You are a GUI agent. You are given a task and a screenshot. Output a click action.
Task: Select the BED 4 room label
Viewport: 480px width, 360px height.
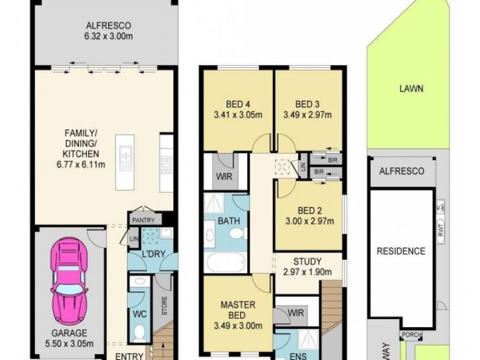tap(238, 101)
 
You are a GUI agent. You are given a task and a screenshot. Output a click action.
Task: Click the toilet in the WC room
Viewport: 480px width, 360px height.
tap(139, 331)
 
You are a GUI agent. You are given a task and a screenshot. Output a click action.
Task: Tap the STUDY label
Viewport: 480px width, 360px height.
tap(307, 262)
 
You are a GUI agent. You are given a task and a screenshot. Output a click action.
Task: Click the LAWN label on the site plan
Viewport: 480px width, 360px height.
tap(411, 89)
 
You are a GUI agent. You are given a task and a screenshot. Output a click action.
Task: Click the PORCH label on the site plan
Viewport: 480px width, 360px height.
tap(411, 335)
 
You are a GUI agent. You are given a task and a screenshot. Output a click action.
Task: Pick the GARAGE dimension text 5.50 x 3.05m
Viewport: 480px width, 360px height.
tap(68, 344)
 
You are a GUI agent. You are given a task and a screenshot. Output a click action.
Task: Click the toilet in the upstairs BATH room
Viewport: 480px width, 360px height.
tap(240, 233)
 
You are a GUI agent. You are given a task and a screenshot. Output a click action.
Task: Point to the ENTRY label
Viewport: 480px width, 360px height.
tap(128, 356)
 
